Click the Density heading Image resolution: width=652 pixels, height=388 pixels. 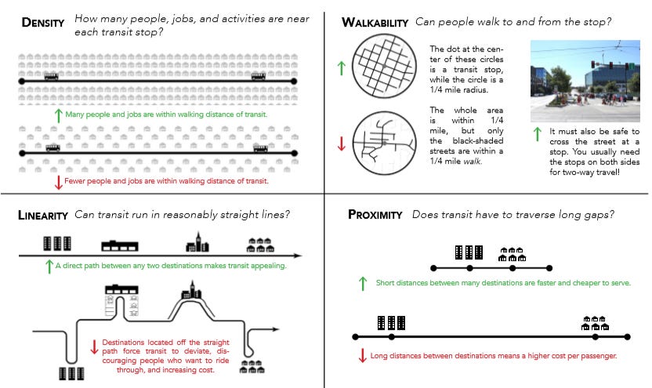[44, 22]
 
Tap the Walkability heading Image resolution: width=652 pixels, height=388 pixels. [375, 23]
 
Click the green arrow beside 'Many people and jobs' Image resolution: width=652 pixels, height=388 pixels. [58, 115]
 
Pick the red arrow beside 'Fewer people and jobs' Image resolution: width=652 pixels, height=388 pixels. [58, 182]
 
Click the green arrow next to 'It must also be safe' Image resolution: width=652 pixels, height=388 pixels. [537, 134]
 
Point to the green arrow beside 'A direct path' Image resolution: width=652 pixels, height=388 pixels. [49, 266]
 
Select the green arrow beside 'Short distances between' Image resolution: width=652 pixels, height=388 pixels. [362, 282]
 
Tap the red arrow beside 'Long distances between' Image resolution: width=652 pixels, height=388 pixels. [362, 356]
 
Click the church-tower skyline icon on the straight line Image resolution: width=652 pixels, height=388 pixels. [197, 243]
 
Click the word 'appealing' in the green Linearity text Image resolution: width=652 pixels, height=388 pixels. [266, 266]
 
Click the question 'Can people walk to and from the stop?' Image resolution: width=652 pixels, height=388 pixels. [515, 22]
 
